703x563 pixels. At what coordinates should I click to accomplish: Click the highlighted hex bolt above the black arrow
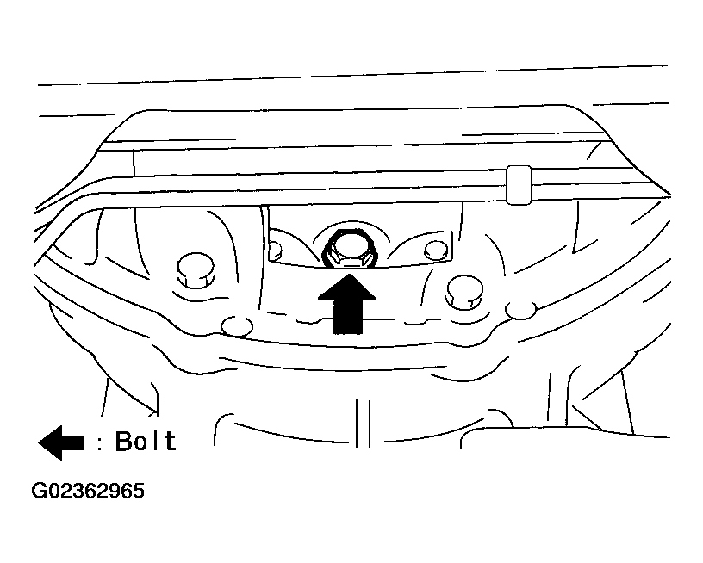point(346,250)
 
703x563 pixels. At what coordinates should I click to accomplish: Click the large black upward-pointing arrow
point(347,304)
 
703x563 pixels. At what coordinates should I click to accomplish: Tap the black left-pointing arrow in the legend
point(61,443)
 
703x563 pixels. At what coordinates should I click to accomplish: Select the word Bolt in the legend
point(146,441)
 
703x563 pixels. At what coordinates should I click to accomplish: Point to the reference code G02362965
point(88,491)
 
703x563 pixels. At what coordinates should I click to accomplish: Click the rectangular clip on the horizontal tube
point(519,185)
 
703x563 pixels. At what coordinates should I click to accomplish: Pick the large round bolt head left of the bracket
point(196,270)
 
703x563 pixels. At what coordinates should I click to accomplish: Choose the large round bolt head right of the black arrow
point(465,292)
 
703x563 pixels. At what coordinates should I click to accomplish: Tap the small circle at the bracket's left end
point(275,249)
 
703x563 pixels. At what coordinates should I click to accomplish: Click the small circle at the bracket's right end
point(436,250)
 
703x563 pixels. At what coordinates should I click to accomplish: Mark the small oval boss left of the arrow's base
point(237,325)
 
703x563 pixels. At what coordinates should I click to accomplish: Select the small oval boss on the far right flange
point(520,310)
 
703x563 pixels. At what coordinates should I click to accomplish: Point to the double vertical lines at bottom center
point(363,424)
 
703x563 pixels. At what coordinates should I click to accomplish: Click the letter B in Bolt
point(124,441)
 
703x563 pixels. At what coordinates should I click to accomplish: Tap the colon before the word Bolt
point(100,444)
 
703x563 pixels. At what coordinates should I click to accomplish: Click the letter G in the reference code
point(39,491)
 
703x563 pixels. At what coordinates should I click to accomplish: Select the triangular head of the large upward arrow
point(347,287)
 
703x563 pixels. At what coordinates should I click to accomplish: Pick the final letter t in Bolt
point(171,441)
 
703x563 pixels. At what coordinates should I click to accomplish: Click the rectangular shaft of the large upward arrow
point(348,317)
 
